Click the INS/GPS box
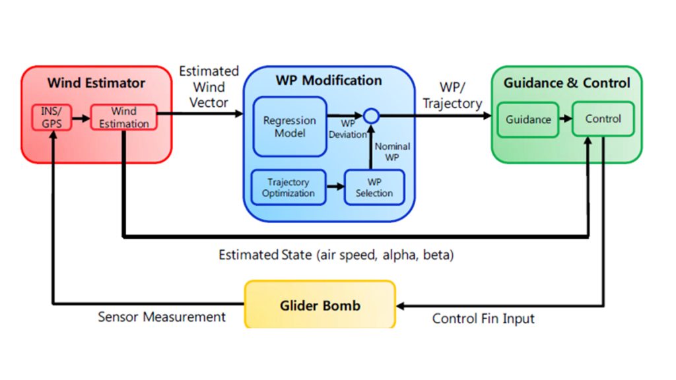[51, 117]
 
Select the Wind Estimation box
[123, 117]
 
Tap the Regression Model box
[290, 127]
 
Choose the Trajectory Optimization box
[288, 187]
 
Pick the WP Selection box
[374, 187]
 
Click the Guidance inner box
[528, 120]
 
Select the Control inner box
[603, 119]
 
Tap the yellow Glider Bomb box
[320, 305]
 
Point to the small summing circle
[371, 116]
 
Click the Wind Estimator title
[96, 82]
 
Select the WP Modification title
[329, 80]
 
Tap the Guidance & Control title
[567, 82]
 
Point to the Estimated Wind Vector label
[209, 86]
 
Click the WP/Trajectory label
[452, 95]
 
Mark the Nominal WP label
[392, 152]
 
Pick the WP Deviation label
[347, 129]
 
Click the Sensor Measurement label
[162, 317]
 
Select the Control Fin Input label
[483, 319]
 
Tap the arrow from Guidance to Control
[566, 119]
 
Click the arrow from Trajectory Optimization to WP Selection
[335, 187]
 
